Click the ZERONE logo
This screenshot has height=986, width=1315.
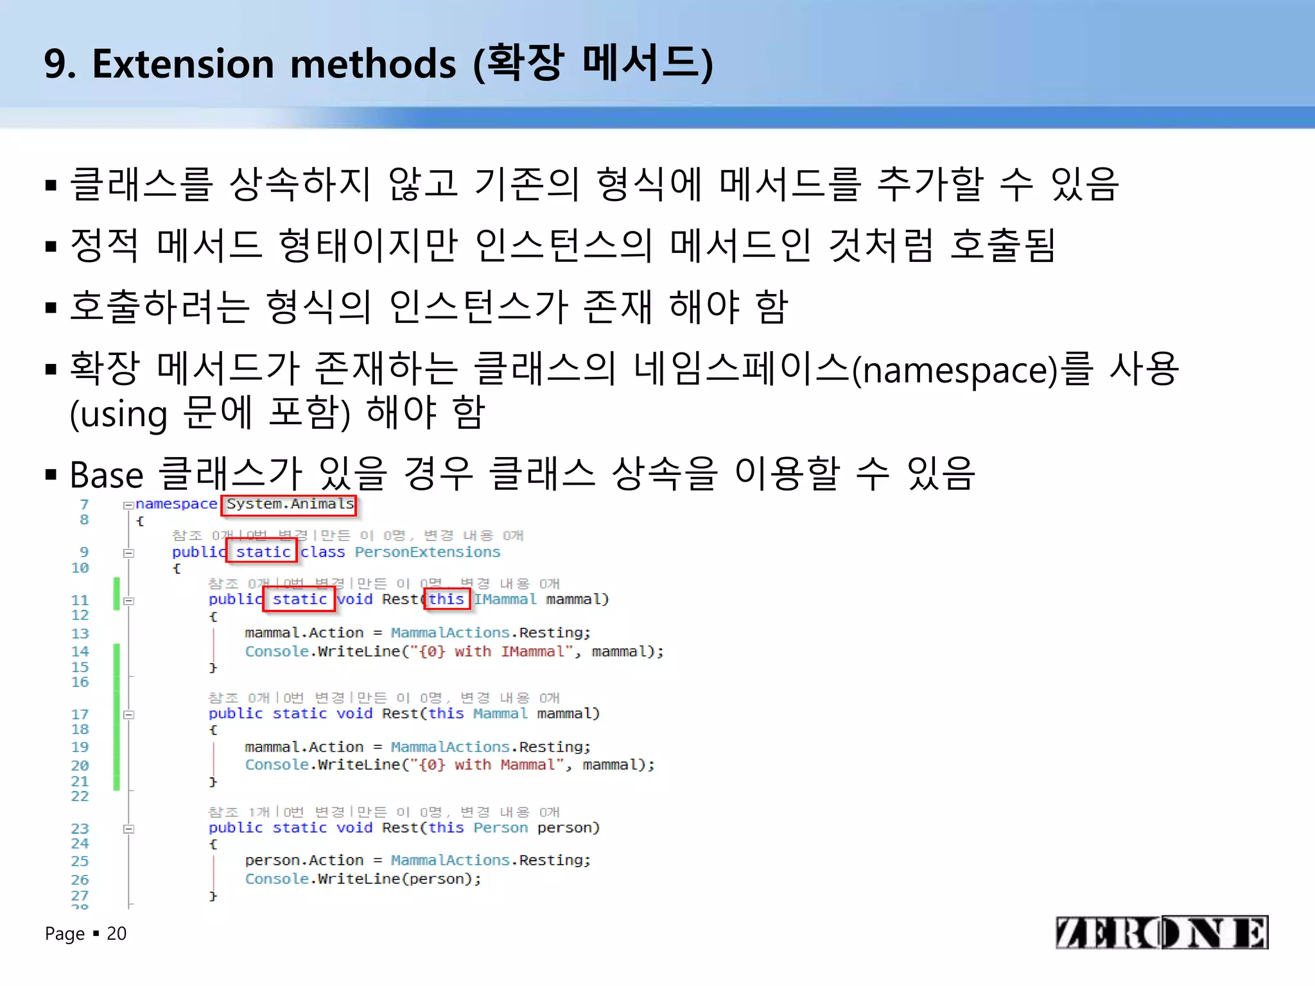pyautogui.click(x=1162, y=932)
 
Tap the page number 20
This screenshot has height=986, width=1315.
pyautogui.click(x=116, y=933)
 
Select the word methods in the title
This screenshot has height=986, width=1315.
pyautogui.click(x=373, y=64)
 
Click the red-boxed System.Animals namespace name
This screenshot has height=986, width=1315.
pyautogui.click(x=290, y=505)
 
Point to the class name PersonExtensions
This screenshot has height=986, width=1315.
pyautogui.click(x=427, y=552)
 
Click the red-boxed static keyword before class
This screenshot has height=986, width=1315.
pyautogui.click(x=263, y=552)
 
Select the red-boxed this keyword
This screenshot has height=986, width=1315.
pyautogui.click(x=446, y=600)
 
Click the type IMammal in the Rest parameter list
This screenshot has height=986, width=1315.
pyautogui.click(x=505, y=600)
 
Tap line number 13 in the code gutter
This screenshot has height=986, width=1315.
pyautogui.click(x=80, y=634)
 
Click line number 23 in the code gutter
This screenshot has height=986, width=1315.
pyautogui.click(x=80, y=829)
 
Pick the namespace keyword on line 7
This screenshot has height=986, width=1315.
pyautogui.click(x=176, y=505)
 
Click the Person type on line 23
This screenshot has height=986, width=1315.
pyautogui.click(x=500, y=828)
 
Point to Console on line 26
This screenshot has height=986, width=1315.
pyautogui.click(x=277, y=879)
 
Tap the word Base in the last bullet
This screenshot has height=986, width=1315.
pyautogui.click(x=106, y=475)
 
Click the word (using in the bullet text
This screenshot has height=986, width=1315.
pyautogui.click(x=119, y=414)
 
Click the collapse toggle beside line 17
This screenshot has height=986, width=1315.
pyautogui.click(x=129, y=714)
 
